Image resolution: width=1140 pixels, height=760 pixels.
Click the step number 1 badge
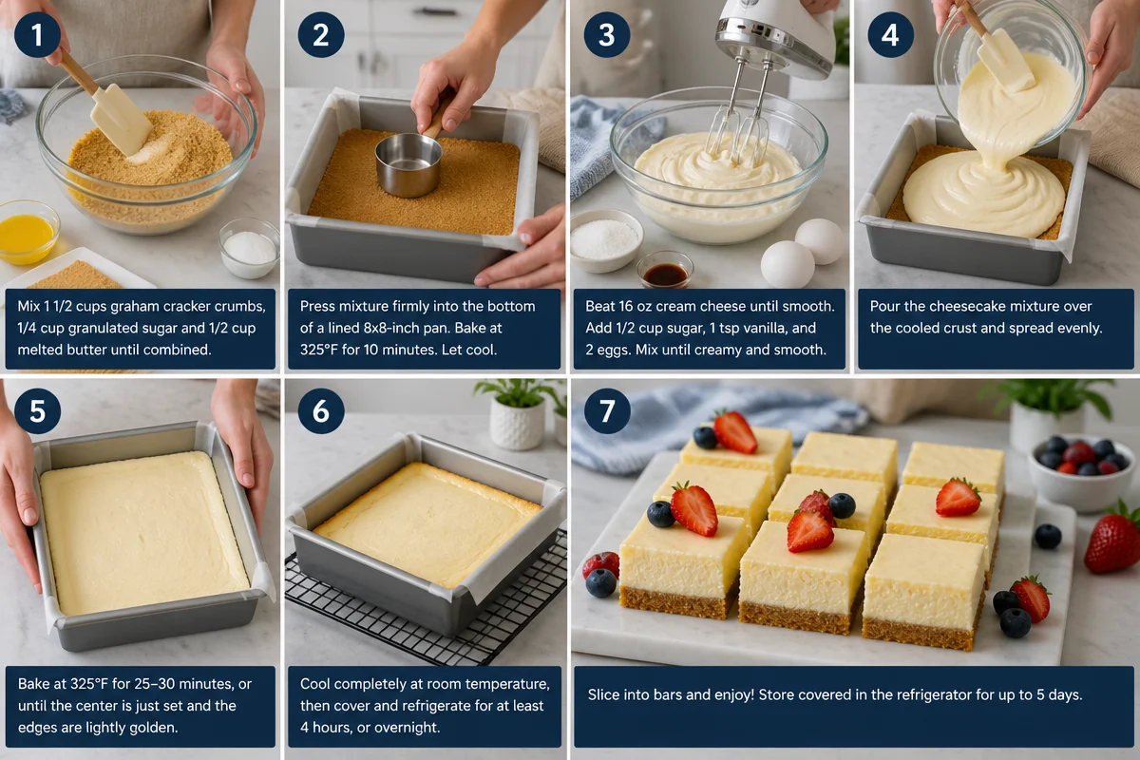tap(36, 35)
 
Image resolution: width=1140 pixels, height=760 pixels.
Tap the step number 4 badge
tap(890, 35)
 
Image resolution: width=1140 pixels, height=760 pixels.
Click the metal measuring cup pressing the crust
tap(408, 163)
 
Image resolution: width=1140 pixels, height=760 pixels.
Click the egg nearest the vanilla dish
tap(787, 264)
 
